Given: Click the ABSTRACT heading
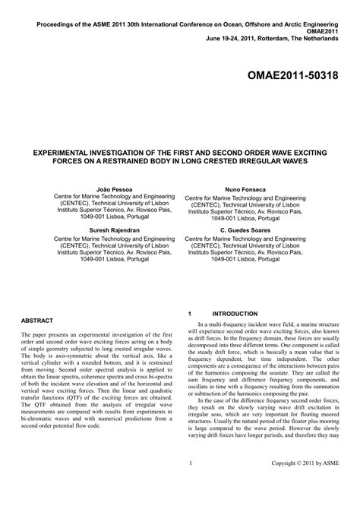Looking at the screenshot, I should coord(37,321).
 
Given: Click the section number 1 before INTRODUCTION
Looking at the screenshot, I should coord(188,313).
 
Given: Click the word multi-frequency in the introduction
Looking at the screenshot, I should coord(232,324).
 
